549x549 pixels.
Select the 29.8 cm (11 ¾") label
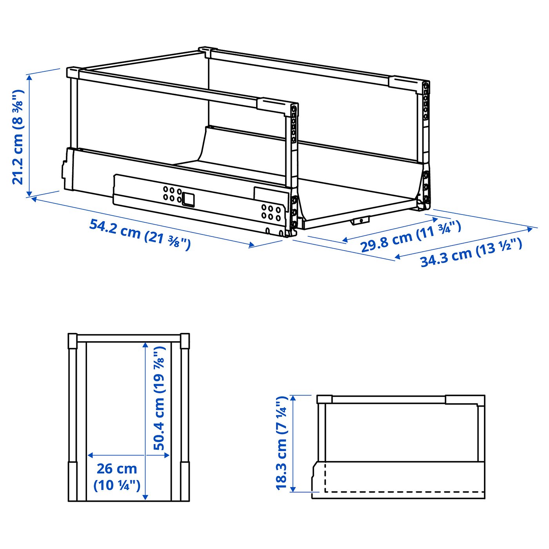[x=410, y=237]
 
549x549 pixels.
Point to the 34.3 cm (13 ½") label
[x=471, y=252]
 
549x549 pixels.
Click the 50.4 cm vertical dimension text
[x=159, y=398]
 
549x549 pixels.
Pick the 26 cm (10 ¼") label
[x=117, y=476]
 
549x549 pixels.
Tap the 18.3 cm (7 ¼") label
[x=282, y=443]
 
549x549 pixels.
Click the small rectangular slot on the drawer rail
[x=189, y=199]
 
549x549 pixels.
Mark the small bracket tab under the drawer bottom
[x=360, y=221]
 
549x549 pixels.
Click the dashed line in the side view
[x=404, y=492]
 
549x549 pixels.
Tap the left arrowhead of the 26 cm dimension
[x=90, y=455]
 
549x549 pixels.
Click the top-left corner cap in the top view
[x=73, y=341]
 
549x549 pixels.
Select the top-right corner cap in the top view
[x=185, y=341]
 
